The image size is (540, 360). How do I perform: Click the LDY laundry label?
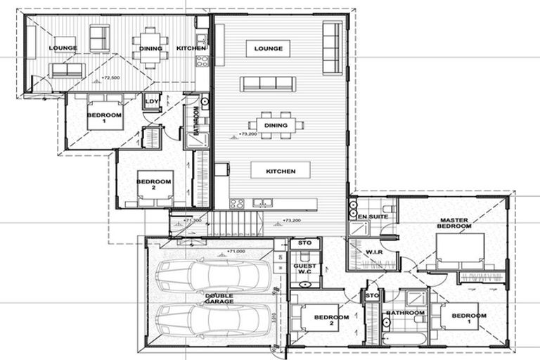(x=151, y=102)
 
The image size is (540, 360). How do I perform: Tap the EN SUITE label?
(x=373, y=217)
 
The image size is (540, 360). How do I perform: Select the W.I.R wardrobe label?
(x=373, y=252)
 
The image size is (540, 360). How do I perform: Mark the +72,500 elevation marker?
(x=110, y=77)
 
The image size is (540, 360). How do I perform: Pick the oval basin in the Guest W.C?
(x=304, y=284)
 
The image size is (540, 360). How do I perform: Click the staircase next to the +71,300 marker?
(x=236, y=224)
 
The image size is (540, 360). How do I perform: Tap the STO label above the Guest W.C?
(x=304, y=243)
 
